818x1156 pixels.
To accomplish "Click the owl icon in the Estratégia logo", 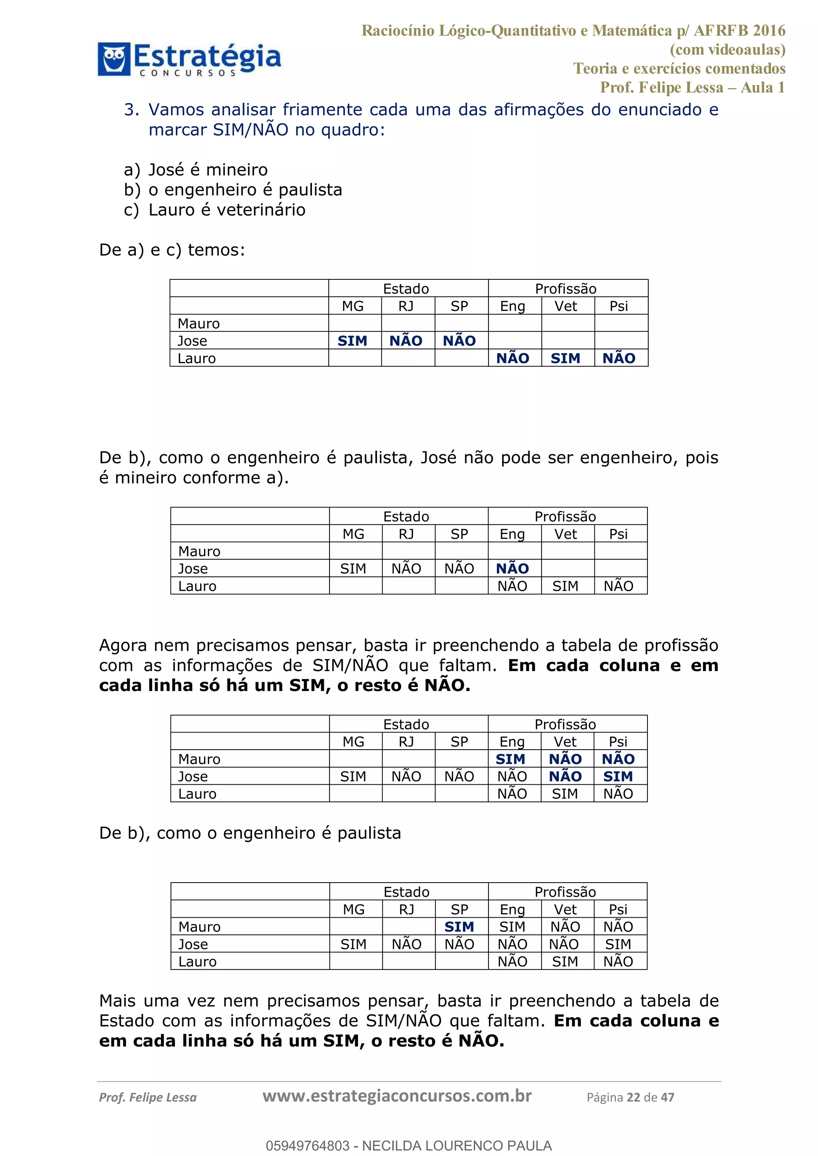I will (114, 59).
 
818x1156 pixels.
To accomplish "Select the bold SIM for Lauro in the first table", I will (565, 358).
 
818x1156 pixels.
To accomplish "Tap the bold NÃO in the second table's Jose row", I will (512, 568).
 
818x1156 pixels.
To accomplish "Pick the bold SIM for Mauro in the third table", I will (510, 759).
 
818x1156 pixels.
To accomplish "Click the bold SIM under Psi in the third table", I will (618, 776).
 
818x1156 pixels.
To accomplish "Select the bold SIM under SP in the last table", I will (459, 926).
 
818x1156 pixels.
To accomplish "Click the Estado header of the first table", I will (406, 289).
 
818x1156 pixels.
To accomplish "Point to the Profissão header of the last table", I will (565, 892).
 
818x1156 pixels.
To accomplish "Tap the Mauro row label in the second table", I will (199, 551).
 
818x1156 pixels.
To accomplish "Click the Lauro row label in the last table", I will (197, 961).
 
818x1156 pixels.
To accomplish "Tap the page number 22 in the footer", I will (633, 1097).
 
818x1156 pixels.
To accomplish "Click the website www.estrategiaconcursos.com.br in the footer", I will (397, 1096).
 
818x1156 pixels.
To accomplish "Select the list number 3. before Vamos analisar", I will (132, 109).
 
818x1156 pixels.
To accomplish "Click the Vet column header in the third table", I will (565, 742).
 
